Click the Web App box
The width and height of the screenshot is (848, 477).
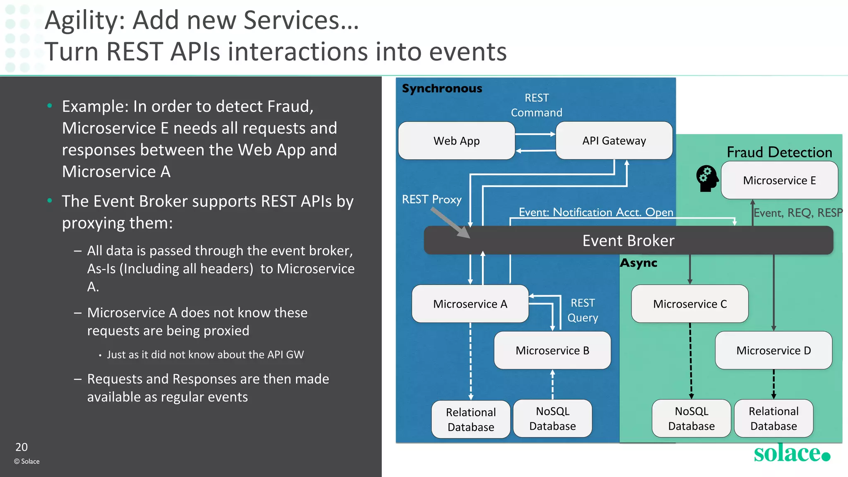(456, 141)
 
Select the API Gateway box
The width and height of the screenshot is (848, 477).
(614, 141)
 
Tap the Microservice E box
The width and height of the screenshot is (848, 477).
(779, 181)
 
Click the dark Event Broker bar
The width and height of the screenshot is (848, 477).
(628, 241)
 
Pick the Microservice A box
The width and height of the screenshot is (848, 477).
(470, 304)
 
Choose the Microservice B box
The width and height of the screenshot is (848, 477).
(552, 350)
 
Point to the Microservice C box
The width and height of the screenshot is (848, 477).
(689, 304)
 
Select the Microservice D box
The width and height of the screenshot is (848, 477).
(773, 350)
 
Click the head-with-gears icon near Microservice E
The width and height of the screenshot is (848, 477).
(707, 178)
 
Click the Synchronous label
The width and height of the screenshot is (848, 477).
(442, 88)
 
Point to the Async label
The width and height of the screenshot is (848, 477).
(638, 263)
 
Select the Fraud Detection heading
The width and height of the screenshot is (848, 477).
(779, 152)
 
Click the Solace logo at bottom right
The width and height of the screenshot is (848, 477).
(791, 453)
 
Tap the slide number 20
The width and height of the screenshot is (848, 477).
(22, 447)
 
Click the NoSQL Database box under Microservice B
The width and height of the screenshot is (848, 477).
(552, 419)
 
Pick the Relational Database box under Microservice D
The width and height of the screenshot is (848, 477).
(773, 419)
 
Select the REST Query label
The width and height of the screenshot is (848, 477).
(583, 311)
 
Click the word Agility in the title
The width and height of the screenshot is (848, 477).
(84, 21)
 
